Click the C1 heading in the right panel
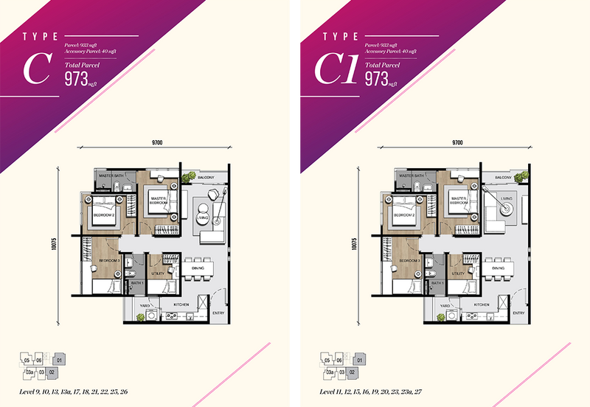(336, 69)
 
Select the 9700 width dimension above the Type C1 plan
(457, 142)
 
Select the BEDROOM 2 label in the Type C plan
(103, 215)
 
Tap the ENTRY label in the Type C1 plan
(519, 313)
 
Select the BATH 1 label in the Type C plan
(136, 282)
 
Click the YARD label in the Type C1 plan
(445, 305)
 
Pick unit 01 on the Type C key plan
(60, 360)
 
